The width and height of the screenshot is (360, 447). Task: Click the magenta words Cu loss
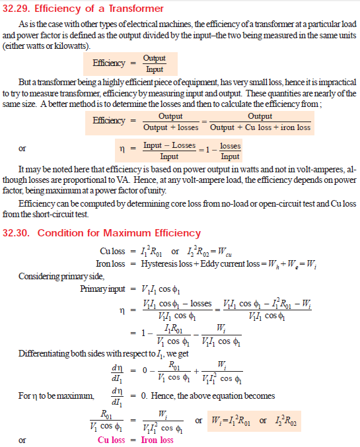click(x=111, y=440)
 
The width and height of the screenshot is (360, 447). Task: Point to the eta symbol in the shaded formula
click(x=122, y=151)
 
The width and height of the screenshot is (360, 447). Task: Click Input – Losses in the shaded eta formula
click(x=170, y=145)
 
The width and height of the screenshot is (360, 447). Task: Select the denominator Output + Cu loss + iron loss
click(x=260, y=127)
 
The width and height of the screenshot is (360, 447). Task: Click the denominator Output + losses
click(x=170, y=127)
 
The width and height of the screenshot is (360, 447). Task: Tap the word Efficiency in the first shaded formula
click(x=109, y=63)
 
